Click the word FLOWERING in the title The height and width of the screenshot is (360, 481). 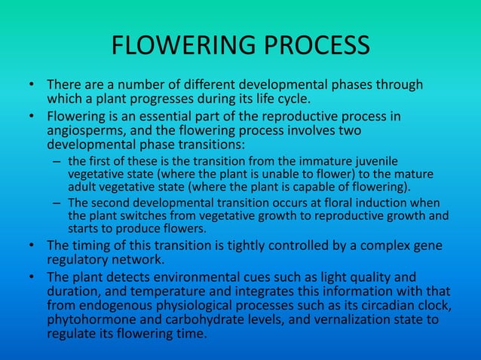(x=179, y=47)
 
